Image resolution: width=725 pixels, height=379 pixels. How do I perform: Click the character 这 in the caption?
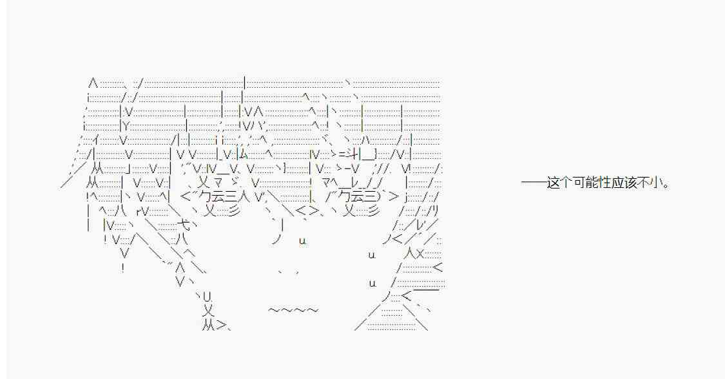coord(554,183)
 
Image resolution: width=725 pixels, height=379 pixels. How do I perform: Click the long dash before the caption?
coord(534,183)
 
